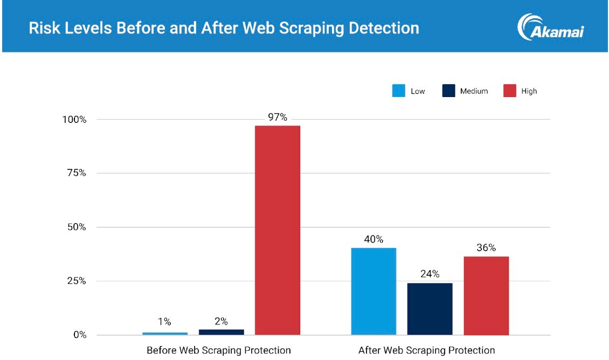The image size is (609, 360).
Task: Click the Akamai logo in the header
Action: tap(550, 27)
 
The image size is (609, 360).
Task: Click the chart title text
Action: tap(224, 27)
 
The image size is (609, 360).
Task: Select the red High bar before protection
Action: tap(278, 230)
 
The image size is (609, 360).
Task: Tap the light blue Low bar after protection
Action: tap(373, 291)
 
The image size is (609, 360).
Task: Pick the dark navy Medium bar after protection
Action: tap(430, 309)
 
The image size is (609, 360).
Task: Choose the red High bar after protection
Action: tap(486, 295)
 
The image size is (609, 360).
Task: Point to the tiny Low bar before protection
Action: tap(165, 333)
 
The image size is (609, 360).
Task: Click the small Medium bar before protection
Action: tap(221, 332)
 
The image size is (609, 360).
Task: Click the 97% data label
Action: tap(278, 117)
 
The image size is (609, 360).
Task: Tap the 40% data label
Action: tap(373, 239)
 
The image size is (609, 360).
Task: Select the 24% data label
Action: tap(430, 274)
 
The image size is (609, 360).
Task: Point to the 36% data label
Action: tap(486, 248)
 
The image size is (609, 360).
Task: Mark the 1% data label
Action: tap(164, 322)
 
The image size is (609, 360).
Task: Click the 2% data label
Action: tap(221, 321)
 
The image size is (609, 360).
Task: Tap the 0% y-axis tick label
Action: tap(79, 335)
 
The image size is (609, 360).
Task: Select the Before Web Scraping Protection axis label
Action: tap(218, 350)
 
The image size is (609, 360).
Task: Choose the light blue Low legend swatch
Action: tap(398, 91)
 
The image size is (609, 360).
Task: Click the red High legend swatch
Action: tap(510, 91)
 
